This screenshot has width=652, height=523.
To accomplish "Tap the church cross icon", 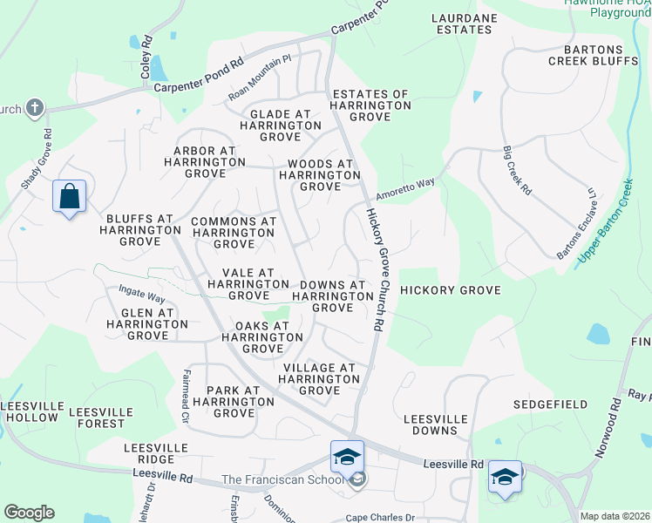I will pos(34,107).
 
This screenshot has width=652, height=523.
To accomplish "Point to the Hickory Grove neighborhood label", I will pos(450,290).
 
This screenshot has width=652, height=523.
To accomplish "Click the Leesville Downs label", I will pos(430,425).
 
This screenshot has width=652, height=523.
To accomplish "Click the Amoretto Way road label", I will pos(405,189).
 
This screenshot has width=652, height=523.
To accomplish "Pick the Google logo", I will pos(29,513).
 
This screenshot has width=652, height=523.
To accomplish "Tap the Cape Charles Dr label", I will pos(381,517).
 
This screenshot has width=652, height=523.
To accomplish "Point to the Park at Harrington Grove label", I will pos(234,401).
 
